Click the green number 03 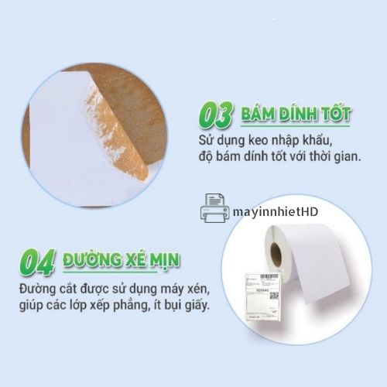pos(215,115)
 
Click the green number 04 pos(38,262)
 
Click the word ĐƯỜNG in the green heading pos(92,259)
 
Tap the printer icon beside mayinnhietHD pos(214,208)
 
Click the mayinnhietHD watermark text pos(276,212)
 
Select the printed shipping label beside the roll pos(262,296)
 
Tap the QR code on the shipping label pos(274,296)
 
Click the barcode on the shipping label pos(269,276)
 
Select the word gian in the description pos(348,156)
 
